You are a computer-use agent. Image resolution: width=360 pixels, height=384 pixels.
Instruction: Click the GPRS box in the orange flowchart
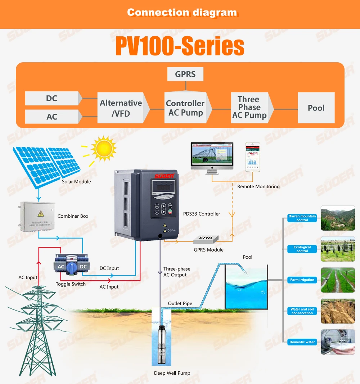(185, 74)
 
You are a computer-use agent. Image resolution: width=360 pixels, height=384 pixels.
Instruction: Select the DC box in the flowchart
(52, 98)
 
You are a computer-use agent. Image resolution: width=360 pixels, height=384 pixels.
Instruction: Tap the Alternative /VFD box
(121, 108)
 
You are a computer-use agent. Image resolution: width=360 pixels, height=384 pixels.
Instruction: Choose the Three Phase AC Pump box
(249, 107)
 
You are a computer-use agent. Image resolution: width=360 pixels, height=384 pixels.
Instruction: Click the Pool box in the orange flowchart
(316, 108)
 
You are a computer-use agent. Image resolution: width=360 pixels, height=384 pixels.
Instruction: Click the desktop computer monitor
(212, 156)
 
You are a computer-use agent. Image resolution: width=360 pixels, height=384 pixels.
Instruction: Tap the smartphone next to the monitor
(252, 157)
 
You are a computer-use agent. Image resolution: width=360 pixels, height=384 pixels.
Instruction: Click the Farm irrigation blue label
(302, 280)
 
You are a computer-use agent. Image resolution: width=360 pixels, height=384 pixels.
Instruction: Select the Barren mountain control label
(302, 218)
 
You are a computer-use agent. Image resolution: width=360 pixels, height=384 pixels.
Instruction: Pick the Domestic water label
(302, 342)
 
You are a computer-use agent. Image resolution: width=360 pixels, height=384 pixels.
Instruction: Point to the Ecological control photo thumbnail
(338, 249)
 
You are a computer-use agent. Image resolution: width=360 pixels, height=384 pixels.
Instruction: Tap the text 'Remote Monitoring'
(258, 186)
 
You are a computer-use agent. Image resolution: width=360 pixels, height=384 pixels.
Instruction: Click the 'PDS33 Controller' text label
(202, 214)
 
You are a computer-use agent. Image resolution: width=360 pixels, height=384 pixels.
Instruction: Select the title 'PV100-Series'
(180, 46)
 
